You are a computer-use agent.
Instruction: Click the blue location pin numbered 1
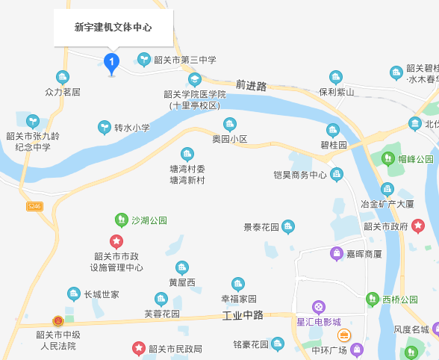pos(111,61)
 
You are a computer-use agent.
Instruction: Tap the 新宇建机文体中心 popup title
pos(113,28)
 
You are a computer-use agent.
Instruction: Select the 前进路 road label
pos(250,86)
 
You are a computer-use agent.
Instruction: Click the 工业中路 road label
pos(243,315)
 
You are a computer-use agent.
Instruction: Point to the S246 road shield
pos(34,205)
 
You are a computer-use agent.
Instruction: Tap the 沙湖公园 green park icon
pos(121,220)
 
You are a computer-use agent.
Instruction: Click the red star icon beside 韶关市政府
pos(417,226)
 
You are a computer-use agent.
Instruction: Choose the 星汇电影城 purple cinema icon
pos(319,306)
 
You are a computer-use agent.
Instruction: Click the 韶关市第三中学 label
pos(190,60)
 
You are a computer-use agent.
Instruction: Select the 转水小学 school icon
pos(105,128)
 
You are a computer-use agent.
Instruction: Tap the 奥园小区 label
pos(230,139)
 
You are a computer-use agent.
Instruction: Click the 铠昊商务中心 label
pos(300,176)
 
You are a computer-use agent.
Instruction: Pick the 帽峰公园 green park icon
pos(388,158)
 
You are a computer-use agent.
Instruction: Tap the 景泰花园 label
pos(261,226)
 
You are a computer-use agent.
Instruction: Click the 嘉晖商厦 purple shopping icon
pos(337,253)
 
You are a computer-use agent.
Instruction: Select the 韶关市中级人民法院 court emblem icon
pos(57,321)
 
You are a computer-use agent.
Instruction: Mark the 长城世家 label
pos(102,295)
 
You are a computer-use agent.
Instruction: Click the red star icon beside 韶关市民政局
pos(138,348)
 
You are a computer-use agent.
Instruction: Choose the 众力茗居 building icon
pos(63,77)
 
